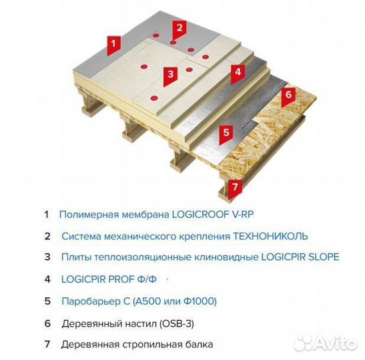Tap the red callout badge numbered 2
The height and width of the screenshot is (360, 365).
pyautogui.click(x=178, y=28)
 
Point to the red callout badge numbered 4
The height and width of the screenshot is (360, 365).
pyautogui.click(x=236, y=72)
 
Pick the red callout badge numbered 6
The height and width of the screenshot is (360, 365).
pyautogui.click(x=288, y=95)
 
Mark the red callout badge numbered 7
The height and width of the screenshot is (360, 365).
pyautogui.click(x=233, y=187)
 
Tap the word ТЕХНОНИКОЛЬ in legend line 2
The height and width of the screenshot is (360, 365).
pyautogui.click(x=270, y=236)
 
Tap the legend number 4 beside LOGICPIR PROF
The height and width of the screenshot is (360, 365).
pyautogui.click(x=47, y=279)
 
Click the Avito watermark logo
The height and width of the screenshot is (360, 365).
pyautogui.click(x=324, y=342)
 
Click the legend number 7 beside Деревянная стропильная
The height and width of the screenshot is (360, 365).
pyautogui.click(x=47, y=345)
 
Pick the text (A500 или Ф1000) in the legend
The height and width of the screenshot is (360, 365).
pyautogui.click(x=173, y=301)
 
